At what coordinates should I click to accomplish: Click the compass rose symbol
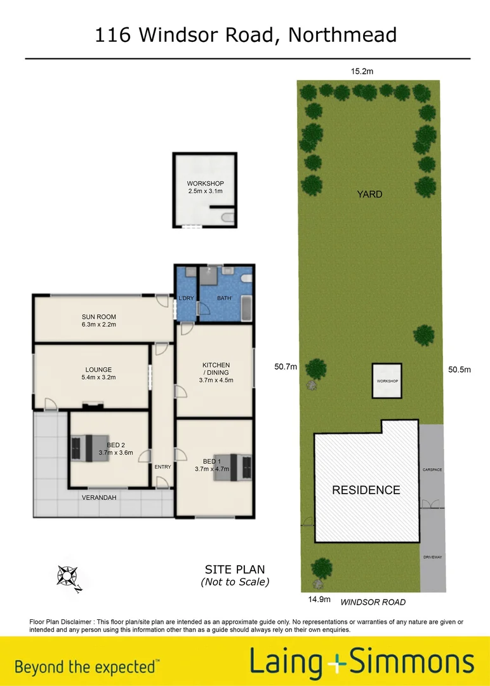[x=67, y=576]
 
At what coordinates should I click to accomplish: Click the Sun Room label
[x=98, y=317]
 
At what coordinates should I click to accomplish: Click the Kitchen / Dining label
[x=216, y=369]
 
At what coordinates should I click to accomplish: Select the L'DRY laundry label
[x=187, y=299]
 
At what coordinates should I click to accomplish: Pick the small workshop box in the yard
[x=387, y=381]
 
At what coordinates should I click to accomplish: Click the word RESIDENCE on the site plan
[x=367, y=490]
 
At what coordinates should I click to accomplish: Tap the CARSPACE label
[x=432, y=470]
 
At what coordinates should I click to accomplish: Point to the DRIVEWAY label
[x=432, y=557]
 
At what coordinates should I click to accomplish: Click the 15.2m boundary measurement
[x=362, y=71]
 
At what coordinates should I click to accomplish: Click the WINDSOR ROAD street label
[x=373, y=602]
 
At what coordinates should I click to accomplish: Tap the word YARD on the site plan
[x=369, y=194]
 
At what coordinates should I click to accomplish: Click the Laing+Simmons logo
[x=361, y=662]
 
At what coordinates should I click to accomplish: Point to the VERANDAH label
[x=98, y=497]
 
